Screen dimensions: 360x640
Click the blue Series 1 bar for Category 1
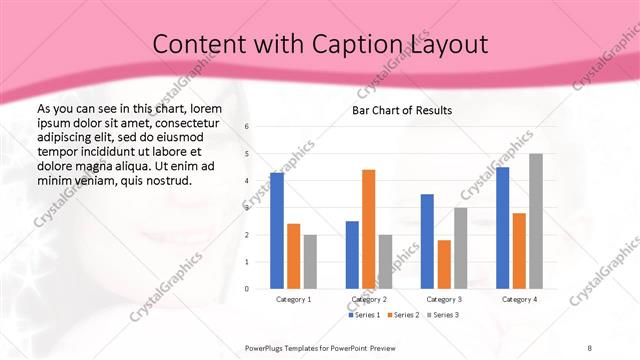tap(277, 231)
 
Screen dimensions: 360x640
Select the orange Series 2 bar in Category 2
tap(368, 229)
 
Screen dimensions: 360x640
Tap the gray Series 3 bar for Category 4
tap(536, 221)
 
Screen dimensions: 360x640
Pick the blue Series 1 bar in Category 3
tap(427, 241)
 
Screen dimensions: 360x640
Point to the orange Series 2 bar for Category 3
tap(444, 264)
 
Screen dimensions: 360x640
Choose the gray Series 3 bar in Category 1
tap(310, 262)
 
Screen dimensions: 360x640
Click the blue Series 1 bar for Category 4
tap(503, 227)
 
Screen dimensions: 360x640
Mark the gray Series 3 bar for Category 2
tap(385, 262)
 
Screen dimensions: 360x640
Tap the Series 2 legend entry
tap(402, 315)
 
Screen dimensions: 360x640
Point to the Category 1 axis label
tap(293, 299)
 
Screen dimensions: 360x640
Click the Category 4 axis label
tap(519, 299)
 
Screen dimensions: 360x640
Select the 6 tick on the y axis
tap(247, 126)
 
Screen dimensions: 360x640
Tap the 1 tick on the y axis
tap(247, 262)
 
